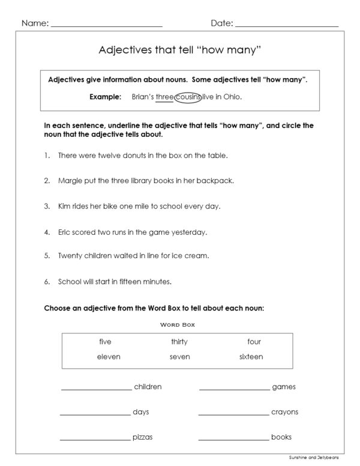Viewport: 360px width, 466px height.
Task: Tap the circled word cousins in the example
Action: tap(188, 96)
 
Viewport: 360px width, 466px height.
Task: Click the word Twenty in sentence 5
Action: tap(70, 256)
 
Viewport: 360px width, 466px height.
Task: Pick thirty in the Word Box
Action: tap(179, 342)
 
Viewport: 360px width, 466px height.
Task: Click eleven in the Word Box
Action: tap(109, 357)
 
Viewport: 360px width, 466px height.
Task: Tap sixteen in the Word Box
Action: tap(251, 357)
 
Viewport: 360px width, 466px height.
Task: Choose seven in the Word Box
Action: tap(179, 357)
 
